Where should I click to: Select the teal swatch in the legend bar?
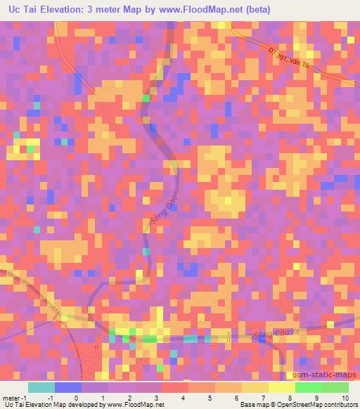(41, 387)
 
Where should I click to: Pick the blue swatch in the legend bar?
(68, 387)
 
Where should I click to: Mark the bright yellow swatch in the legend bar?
(281, 387)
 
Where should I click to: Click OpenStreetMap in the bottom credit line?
(297, 404)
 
